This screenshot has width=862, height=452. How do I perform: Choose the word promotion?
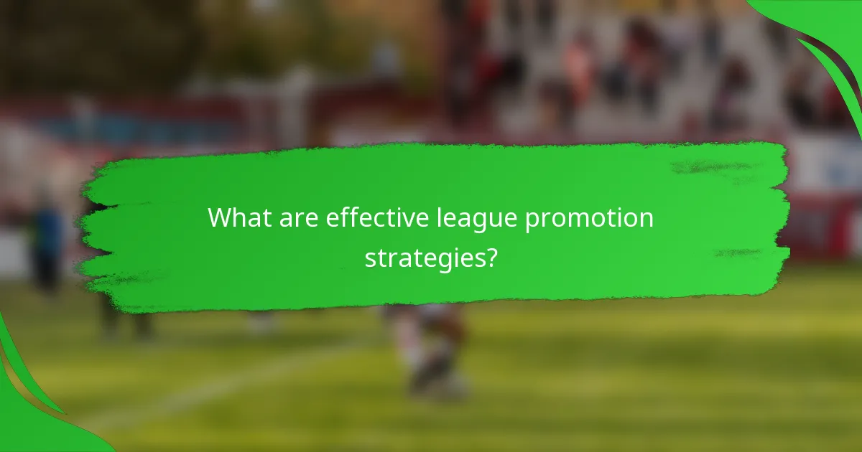coord(590,219)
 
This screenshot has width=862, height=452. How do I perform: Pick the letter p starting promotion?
coord(532,222)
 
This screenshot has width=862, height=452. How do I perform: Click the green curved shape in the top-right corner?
coord(826,36)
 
